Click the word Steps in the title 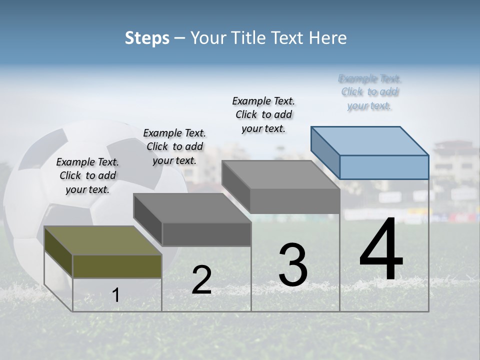[x=147, y=38]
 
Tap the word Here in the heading [x=328, y=38]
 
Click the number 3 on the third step [x=293, y=265]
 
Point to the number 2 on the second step [x=201, y=280]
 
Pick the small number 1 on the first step [x=116, y=295]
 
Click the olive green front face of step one [x=117, y=266]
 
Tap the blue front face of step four [x=384, y=167]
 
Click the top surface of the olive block [x=102, y=240]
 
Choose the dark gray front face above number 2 [x=206, y=234]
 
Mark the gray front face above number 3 [x=295, y=201]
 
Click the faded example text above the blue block [x=370, y=92]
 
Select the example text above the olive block [x=87, y=175]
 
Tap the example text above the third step [x=263, y=114]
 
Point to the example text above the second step [x=174, y=146]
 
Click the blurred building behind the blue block [x=452, y=160]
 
